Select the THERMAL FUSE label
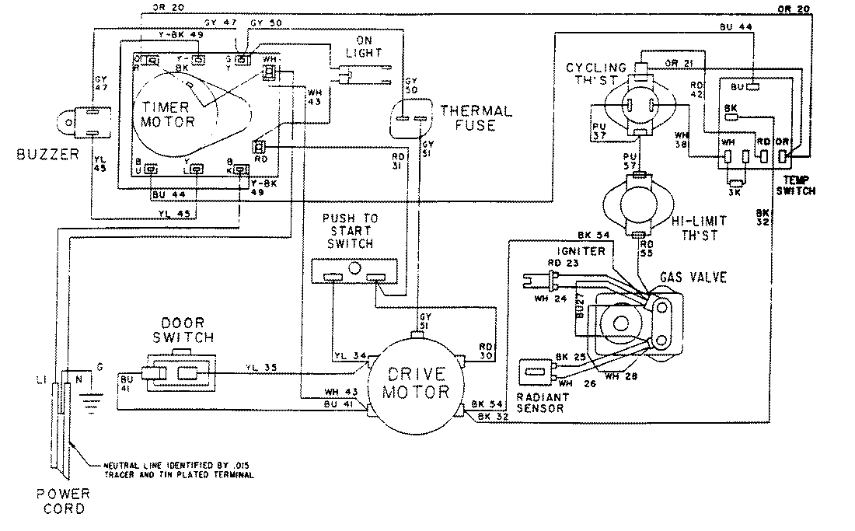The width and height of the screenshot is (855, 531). coord(476,117)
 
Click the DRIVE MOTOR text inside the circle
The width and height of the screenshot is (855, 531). coord(416,382)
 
